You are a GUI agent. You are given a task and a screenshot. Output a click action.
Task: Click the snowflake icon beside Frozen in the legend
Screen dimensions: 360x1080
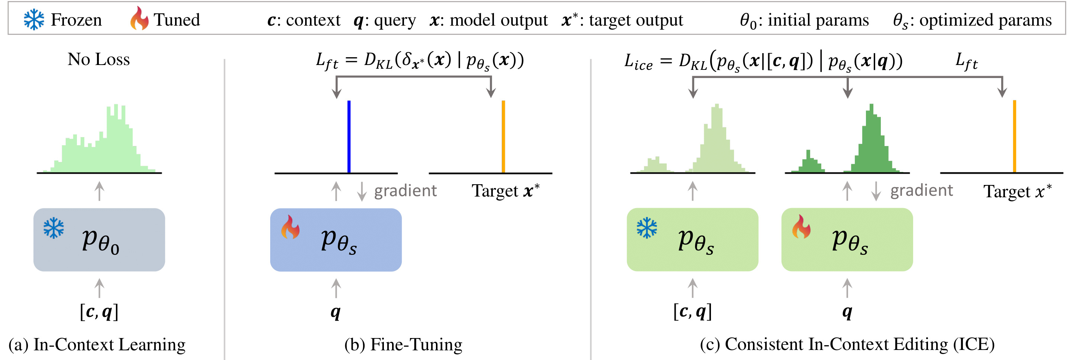[x=33, y=20]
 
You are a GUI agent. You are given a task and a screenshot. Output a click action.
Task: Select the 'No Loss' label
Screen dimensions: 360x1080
[x=98, y=59]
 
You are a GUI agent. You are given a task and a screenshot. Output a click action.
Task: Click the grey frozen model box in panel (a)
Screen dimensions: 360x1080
[x=99, y=240]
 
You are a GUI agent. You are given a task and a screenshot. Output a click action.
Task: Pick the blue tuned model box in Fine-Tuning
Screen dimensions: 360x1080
[x=336, y=240]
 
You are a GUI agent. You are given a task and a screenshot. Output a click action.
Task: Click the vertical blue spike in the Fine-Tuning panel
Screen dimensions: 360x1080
[x=349, y=136]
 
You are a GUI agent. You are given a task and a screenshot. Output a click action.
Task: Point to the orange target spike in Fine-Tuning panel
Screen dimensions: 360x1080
[x=503, y=136]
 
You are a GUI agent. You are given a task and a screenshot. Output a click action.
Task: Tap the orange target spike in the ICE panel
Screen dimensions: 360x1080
[x=1014, y=136]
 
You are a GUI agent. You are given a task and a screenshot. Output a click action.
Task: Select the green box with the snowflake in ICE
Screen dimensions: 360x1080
[x=692, y=240]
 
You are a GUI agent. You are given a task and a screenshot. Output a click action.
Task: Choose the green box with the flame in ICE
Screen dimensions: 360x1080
[x=847, y=240]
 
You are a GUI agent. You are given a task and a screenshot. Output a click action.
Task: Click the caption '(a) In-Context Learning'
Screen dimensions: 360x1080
[x=97, y=344]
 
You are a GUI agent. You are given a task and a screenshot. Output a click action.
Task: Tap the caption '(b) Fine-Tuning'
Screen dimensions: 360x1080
[x=403, y=344]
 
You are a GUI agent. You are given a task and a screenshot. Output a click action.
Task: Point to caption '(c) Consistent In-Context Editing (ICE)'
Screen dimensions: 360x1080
[x=847, y=344]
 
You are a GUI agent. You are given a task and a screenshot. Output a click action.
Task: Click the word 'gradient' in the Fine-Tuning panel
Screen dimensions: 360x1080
[x=405, y=191]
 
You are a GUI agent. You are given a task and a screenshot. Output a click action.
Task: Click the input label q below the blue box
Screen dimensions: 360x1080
[x=335, y=312]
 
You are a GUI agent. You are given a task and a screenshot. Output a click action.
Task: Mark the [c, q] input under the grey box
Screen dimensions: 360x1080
[x=99, y=312]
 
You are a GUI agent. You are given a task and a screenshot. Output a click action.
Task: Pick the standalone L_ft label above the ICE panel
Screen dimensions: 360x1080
[x=966, y=62]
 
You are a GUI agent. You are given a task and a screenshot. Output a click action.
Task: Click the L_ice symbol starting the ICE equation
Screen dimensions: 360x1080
[x=638, y=62]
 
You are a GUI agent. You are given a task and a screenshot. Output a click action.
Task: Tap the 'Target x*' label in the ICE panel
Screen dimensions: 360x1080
[x=1017, y=192]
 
